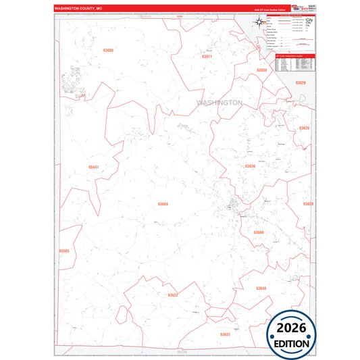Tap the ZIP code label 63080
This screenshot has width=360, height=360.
[109, 51]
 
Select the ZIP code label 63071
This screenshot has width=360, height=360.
[207, 57]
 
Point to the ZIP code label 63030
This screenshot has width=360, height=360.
[262, 70]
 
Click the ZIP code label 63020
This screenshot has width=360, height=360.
[301, 82]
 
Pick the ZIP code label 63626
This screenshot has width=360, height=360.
[305, 128]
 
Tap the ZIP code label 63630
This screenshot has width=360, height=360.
[250, 165]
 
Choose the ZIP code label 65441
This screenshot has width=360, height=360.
[93, 167]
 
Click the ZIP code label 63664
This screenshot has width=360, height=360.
[163, 203]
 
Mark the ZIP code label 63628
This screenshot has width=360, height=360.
[308, 203]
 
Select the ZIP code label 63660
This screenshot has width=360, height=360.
[259, 232]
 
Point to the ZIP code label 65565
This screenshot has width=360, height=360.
[64, 251]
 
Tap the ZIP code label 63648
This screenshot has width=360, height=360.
[261, 288]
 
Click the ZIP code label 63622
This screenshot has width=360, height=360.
[173, 295]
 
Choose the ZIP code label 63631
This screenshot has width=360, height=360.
[225, 334]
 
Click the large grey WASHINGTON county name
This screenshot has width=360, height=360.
[219, 103]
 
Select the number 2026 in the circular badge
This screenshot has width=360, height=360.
[291, 328]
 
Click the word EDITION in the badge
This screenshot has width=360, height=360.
[291, 344]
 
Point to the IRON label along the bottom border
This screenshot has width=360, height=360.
[181, 352]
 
